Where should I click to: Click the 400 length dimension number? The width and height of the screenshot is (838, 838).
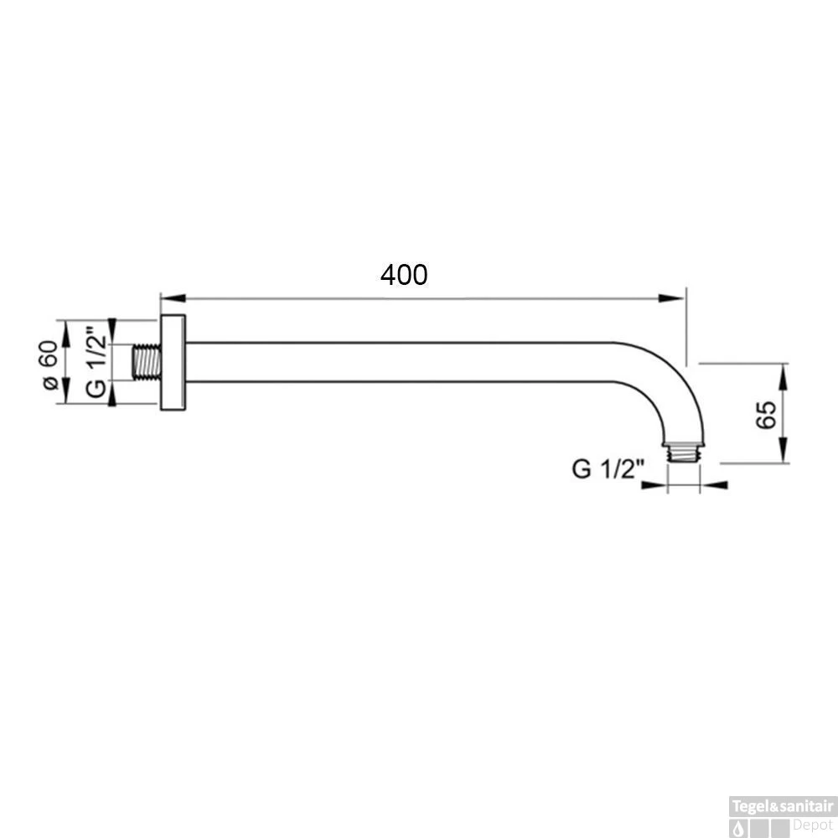point(404,275)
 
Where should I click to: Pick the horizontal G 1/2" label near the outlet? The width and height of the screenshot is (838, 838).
point(606,468)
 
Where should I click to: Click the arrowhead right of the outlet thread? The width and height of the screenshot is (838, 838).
point(710,484)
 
